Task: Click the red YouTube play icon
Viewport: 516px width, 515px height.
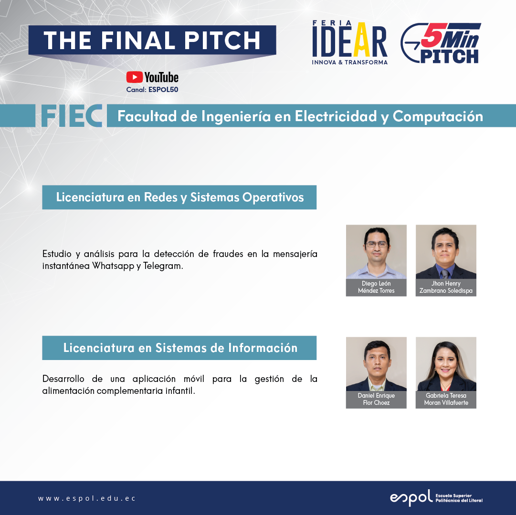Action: pos(134,77)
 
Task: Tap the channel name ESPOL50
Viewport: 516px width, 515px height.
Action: pos(163,89)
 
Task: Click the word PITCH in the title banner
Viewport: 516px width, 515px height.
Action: pos(222,41)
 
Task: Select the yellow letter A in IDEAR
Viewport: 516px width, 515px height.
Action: pos(361,40)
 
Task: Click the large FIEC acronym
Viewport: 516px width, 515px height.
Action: pos(72,116)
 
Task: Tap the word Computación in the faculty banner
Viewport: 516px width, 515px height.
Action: pos(438,116)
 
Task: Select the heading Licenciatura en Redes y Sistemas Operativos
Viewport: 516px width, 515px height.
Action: pos(179,197)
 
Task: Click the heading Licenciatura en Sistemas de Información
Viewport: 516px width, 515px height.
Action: pos(180,348)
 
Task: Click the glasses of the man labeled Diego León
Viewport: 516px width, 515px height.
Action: pos(377,244)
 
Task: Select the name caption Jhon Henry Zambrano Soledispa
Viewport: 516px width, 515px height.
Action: pos(446,287)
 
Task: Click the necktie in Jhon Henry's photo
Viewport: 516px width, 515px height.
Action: pos(444,274)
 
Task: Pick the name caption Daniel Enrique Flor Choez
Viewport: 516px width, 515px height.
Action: pos(376,399)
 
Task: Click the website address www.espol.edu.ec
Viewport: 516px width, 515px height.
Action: pos(86,498)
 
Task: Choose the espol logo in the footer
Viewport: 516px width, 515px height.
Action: pos(436,498)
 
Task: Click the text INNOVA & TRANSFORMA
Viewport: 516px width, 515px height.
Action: pos(350,62)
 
